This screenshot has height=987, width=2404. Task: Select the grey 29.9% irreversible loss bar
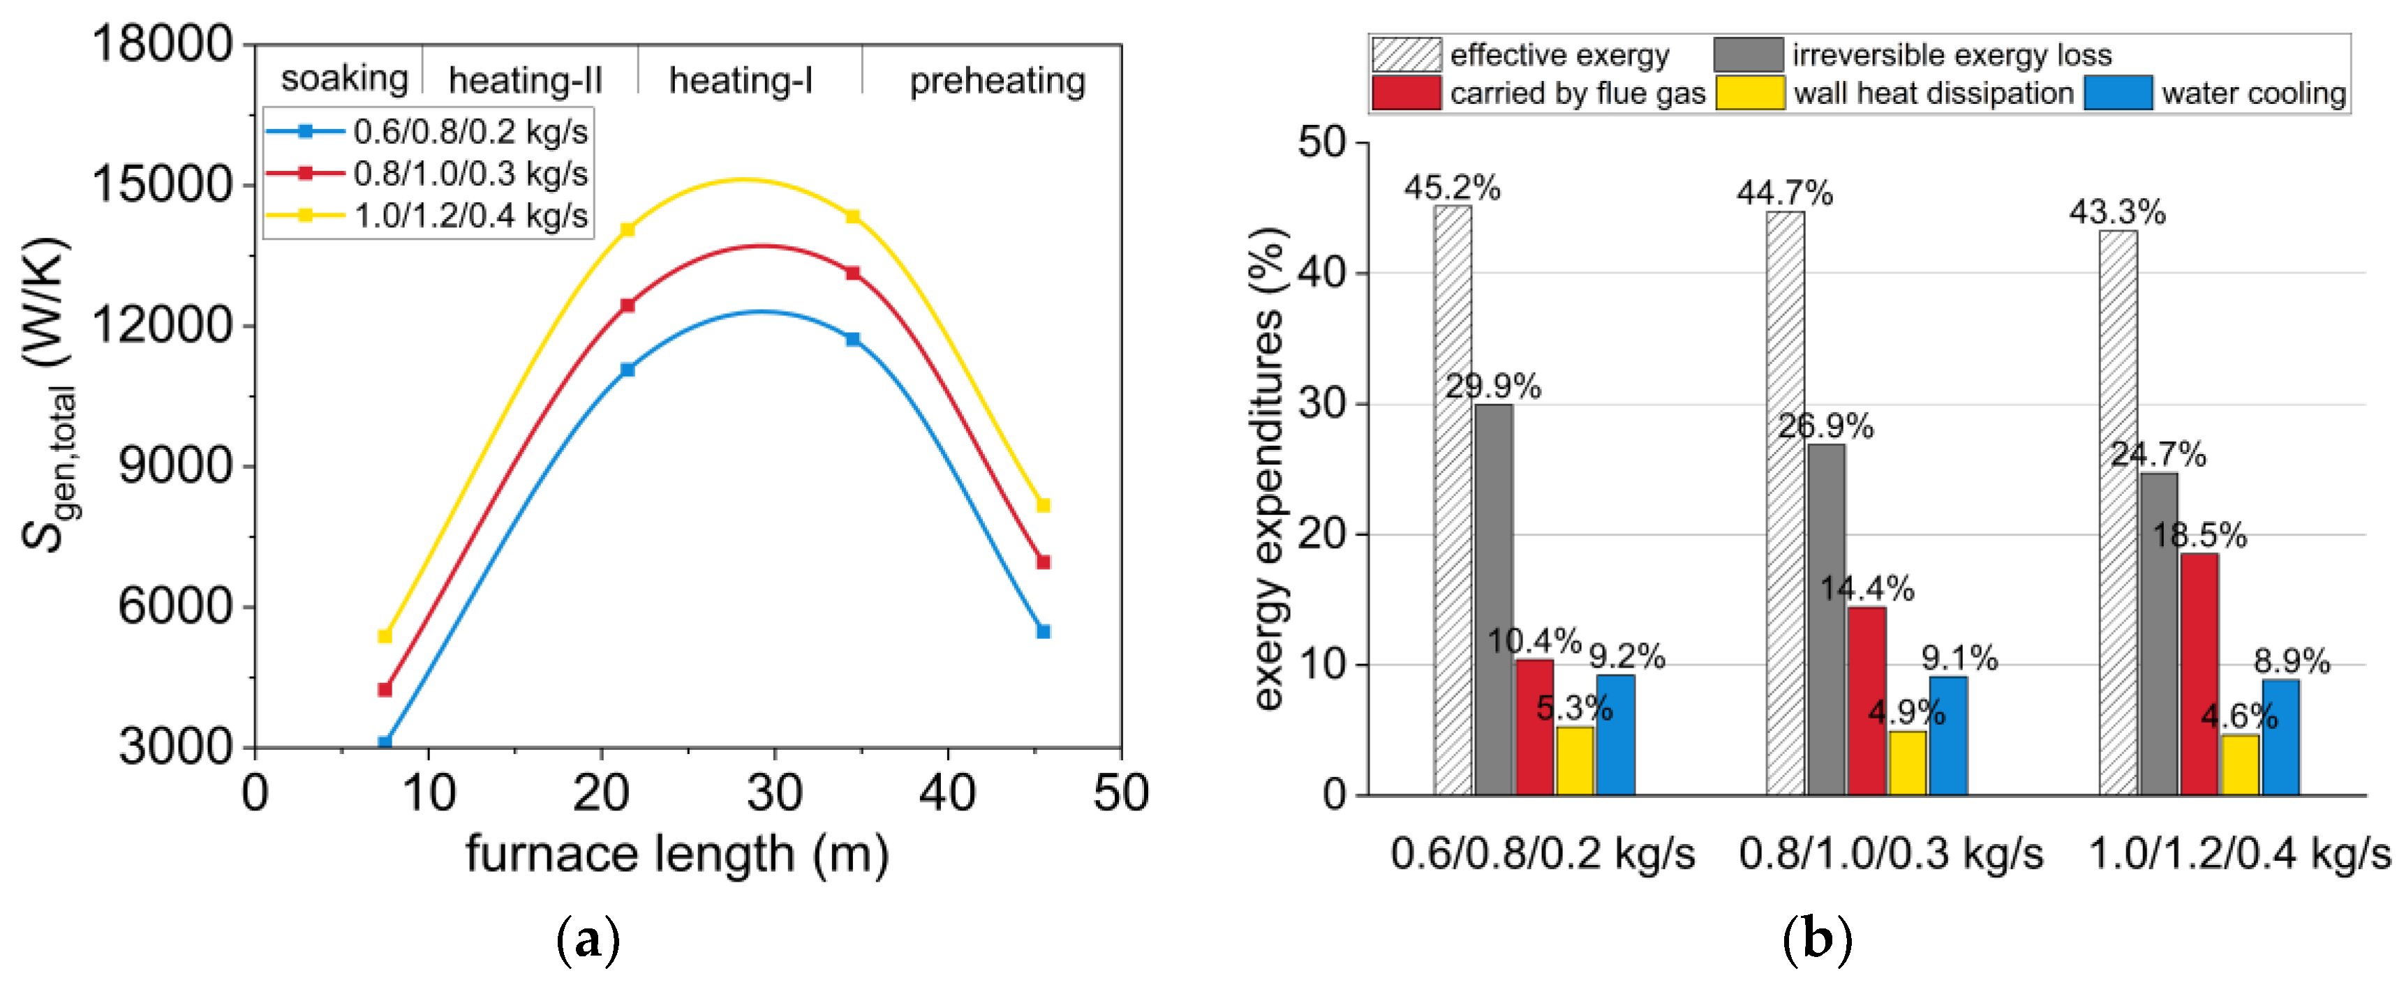pyautogui.click(x=1493, y=599)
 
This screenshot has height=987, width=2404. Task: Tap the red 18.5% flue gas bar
pyautogui.click(x=2199, y=674)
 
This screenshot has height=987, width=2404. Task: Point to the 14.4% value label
pyautogui.click(x=1867, y=589)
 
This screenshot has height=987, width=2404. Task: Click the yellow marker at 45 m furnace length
pyautogui.click(x=1044, y=506)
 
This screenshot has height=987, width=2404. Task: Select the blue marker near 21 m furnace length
pyautogui.click(x=627, y=370)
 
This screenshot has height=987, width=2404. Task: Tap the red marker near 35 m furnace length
pyautogui.click(x=852, y=273)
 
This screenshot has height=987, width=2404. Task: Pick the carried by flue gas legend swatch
pyautogui.click(x=1405, y=93)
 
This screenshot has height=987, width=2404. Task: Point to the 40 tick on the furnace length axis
pyautogui.click(x=947, y=793)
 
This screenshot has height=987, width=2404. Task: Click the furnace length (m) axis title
pyautogui.click(x=676, y=854)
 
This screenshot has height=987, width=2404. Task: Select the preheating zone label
pyautogui.click(x=997, y=80)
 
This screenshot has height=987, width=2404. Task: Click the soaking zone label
pyautogui.click(x=344, y=78)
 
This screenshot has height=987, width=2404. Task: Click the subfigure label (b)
pyautogui.click(x=1816, y=940)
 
